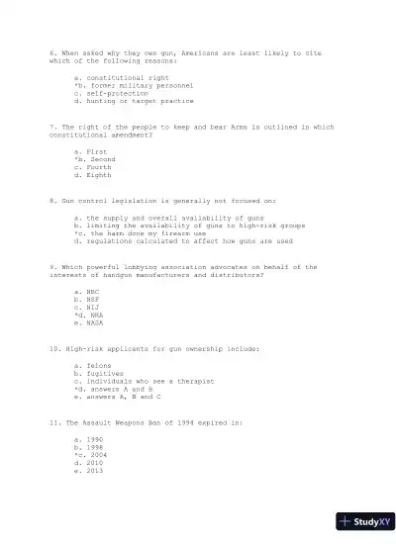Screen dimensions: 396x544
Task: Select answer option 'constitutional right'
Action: click(121, 77)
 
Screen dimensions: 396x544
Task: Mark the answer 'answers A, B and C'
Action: click(124, 398)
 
